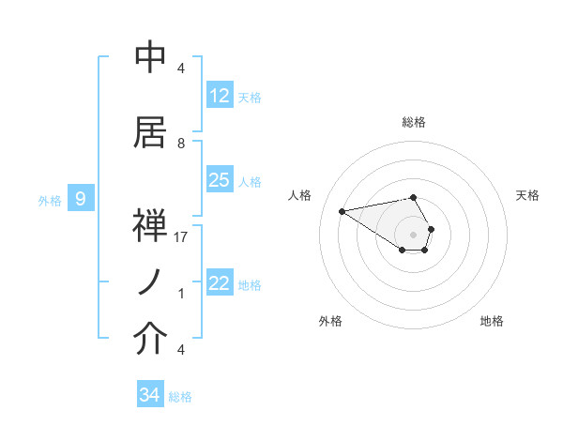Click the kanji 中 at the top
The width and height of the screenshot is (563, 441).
tap(150, 57)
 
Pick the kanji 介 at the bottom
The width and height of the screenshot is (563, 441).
tap(150, 341)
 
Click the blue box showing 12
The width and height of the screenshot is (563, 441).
tap(220, 96)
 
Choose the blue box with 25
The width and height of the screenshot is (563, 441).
tap(220, 180)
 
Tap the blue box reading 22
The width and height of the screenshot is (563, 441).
tap(220, 283)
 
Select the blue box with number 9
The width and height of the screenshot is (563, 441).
tap(82, 199)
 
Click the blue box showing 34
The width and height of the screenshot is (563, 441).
tap(150, 395)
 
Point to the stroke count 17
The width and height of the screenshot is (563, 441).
tap(181, 237)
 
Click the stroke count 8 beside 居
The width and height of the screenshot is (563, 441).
tap(181, 144)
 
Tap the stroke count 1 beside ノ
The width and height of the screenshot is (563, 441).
tap(181, 294)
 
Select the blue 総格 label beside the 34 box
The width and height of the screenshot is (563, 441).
tap(180, 397)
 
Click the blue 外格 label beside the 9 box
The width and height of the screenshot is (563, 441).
tap(49, 200)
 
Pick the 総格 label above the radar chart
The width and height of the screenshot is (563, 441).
tap(413, 122)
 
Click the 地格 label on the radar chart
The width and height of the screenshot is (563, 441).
tap(492, 321)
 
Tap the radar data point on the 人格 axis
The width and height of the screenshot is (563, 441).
tap(342, 210)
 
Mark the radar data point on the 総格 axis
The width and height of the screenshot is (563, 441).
tap(413, 197)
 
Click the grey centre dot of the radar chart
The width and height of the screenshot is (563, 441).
tap(413, 233)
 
